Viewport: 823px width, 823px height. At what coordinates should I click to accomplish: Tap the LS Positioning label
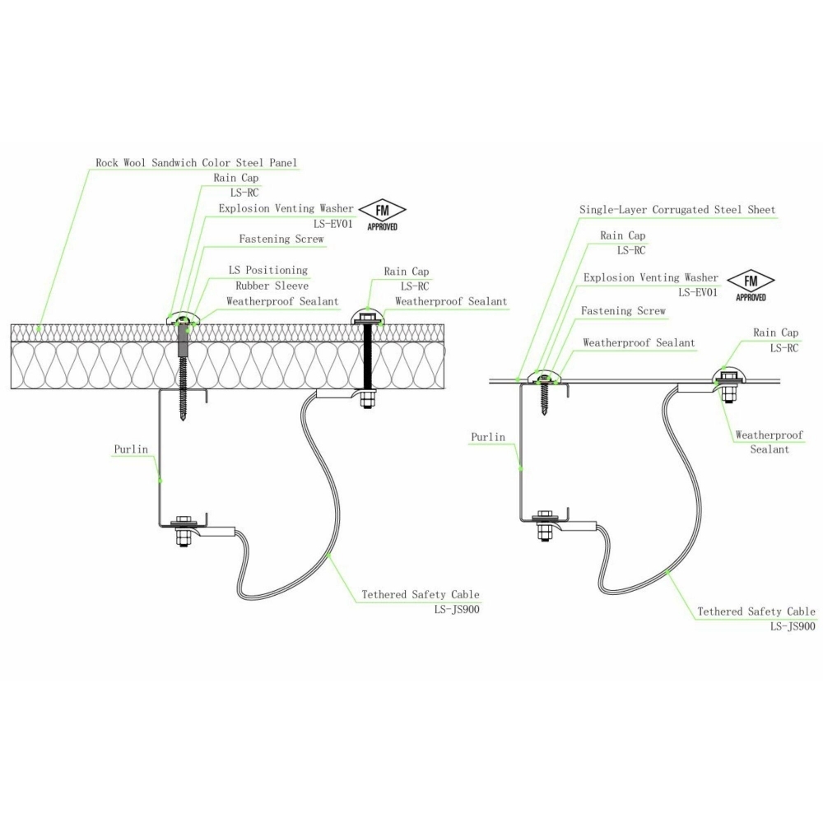tap(267, 270)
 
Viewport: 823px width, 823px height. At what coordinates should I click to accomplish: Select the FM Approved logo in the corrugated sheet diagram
tap(749, 285)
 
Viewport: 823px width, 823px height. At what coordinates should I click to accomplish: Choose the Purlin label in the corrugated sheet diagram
tap(489, 437)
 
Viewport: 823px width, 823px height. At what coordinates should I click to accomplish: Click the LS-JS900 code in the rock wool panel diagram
tap(457, 610)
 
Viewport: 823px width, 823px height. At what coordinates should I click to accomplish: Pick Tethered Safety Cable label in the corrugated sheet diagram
tap(756, 611)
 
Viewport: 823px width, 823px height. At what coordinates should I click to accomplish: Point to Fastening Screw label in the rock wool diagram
tap(281, 239)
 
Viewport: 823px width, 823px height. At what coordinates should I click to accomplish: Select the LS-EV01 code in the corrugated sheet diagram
tap(698, 292)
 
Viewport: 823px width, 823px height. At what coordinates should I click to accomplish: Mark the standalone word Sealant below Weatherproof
tap(770, 449)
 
